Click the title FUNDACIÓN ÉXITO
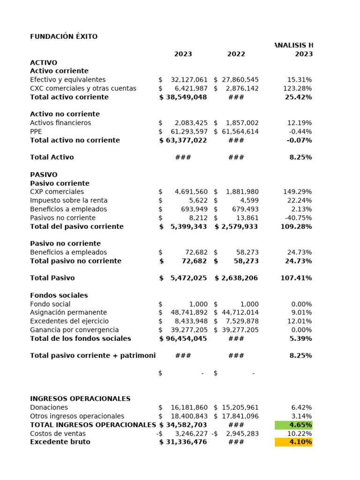tap(64, 37)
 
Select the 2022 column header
tap(236, 54)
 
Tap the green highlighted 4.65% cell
tap(294, 425)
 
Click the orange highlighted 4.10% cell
tap(294, 442)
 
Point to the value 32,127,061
tap(189, 80)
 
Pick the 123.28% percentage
tap(298, 89)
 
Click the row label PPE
tap(36, 132)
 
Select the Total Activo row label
tap(52, 157)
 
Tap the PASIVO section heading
tap(44, 174)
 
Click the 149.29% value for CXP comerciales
tap(298, 192)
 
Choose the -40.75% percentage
tap(298, 218)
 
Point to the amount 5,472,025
tap(188, 278)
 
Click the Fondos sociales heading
tap(59, 295)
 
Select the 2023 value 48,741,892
tap(189, 313)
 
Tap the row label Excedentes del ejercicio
tap(69, 321)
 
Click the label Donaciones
tap(49, 408)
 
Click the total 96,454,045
tap(186, 338)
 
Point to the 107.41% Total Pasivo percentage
tap(296, 278)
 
